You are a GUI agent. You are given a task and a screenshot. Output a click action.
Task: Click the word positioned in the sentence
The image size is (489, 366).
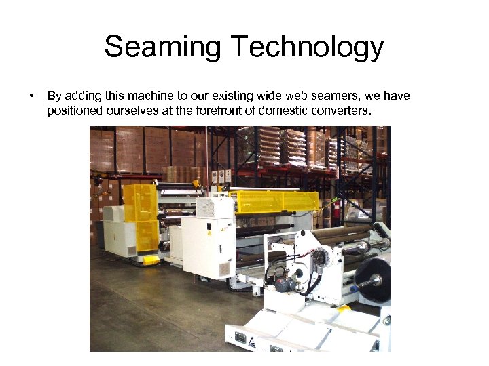73,110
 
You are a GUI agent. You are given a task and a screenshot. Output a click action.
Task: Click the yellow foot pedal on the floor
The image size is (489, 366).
151,259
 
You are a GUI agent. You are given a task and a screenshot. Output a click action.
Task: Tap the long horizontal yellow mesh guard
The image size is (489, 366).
274,201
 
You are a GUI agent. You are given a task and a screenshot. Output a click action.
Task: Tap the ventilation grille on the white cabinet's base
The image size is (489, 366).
225,269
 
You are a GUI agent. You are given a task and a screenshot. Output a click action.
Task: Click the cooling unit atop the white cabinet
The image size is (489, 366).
215,206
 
